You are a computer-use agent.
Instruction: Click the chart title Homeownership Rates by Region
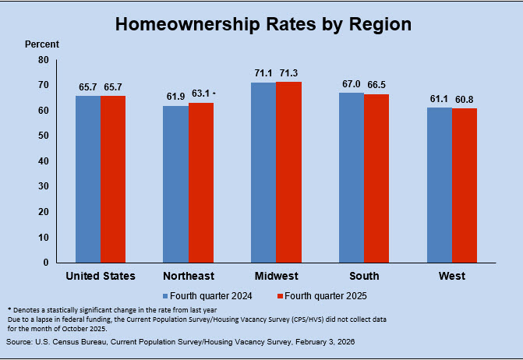tap(263, 24)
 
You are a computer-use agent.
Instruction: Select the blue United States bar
tap(88, 178)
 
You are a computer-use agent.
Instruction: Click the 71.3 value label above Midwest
tap(288, 73)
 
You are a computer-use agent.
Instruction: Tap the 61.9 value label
tap(175, 97)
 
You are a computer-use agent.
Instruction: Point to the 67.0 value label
tap(351, 84)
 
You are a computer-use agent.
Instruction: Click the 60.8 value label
tap(465, 100)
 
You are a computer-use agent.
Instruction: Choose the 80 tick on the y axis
tap(43, 60)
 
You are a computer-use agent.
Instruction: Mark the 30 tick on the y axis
tap(43, 186)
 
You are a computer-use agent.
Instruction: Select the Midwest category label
tap(276, 276)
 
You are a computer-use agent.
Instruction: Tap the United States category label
tap(101, 276)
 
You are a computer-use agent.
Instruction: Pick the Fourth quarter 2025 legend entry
tap(322, 295)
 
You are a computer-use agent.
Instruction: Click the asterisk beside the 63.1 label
tap(214, 94)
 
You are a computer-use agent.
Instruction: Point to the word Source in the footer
tap(19, 342)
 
